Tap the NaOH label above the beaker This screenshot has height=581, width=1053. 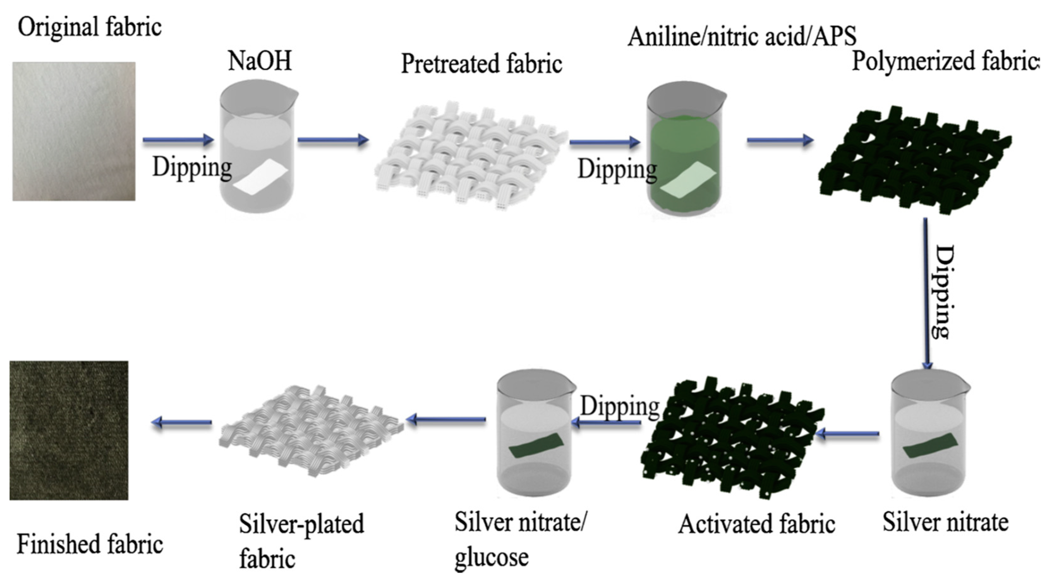(260, 61)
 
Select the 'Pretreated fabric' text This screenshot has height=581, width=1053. (481, 64)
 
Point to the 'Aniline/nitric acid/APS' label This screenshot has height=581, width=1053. (741, 36)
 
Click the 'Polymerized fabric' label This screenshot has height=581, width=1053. (944, 62)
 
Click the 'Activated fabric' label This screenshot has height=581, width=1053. (756, 524)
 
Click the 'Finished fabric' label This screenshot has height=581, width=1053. (90, 545)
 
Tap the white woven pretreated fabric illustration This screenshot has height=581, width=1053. (470, 155)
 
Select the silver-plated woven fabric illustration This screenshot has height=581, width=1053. (311, 431)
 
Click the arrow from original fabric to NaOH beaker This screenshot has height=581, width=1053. (178, 140)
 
